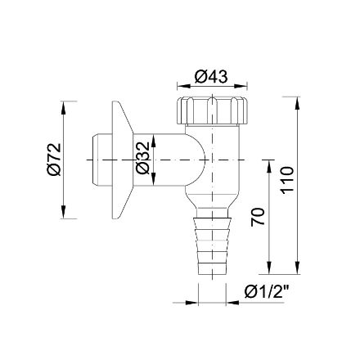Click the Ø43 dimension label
click(211, 77)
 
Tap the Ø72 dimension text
click(54, 160)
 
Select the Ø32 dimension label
click(142, 158)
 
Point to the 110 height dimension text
click(288, 181)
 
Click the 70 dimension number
click(258, 217)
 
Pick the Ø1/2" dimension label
click(267, 292)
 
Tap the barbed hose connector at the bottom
click(212, 245)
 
